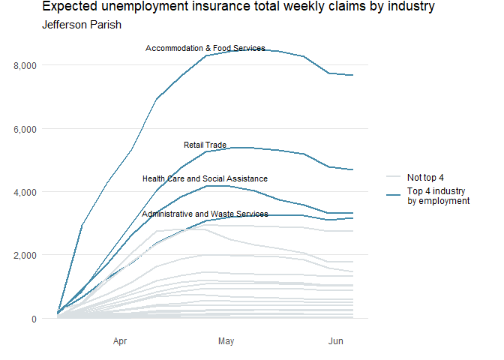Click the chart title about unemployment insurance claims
pos(238,7)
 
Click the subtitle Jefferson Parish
pos(82,25)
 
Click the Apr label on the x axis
pos(120,342)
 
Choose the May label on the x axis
pos(226,342)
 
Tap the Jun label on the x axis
pos(336,342)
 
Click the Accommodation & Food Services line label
pos(205,49)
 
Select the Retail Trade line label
pos(205,145)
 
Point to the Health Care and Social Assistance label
pos(205,179)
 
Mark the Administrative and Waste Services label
pos(205,214)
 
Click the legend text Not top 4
pos(425,178)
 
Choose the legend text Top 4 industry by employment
pos(438,196)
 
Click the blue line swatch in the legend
pos(393,195)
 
